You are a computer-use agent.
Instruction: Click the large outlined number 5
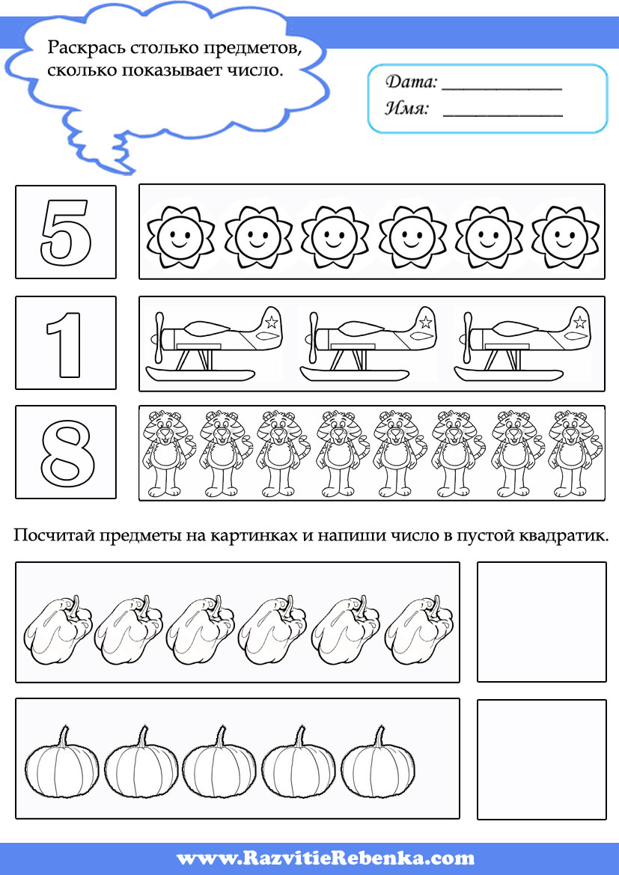(x=66, y=231)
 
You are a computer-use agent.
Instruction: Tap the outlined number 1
(x=65, y=343)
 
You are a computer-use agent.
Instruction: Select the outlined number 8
(x=67, y=453)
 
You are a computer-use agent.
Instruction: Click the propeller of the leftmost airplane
(x=157, y=335)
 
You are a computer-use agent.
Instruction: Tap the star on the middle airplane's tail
(x=425, y=323)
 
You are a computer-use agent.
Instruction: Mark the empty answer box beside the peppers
(x=541, y=621)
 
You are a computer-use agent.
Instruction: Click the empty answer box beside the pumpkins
(x=541, y=759)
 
